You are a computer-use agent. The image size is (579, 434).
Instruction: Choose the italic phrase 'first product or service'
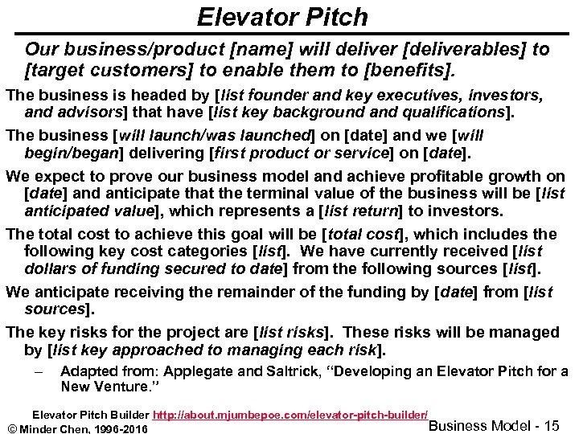pyautogui.click(x=294, y=153)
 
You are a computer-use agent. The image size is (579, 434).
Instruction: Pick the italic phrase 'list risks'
pyautogui.click(x=290, y=332)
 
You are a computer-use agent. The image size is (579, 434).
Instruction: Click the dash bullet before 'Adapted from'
pyautogui.click(x=39, y=371)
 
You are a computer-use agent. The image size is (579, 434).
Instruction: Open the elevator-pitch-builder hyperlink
pyautogui.click(x=290, y=415)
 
